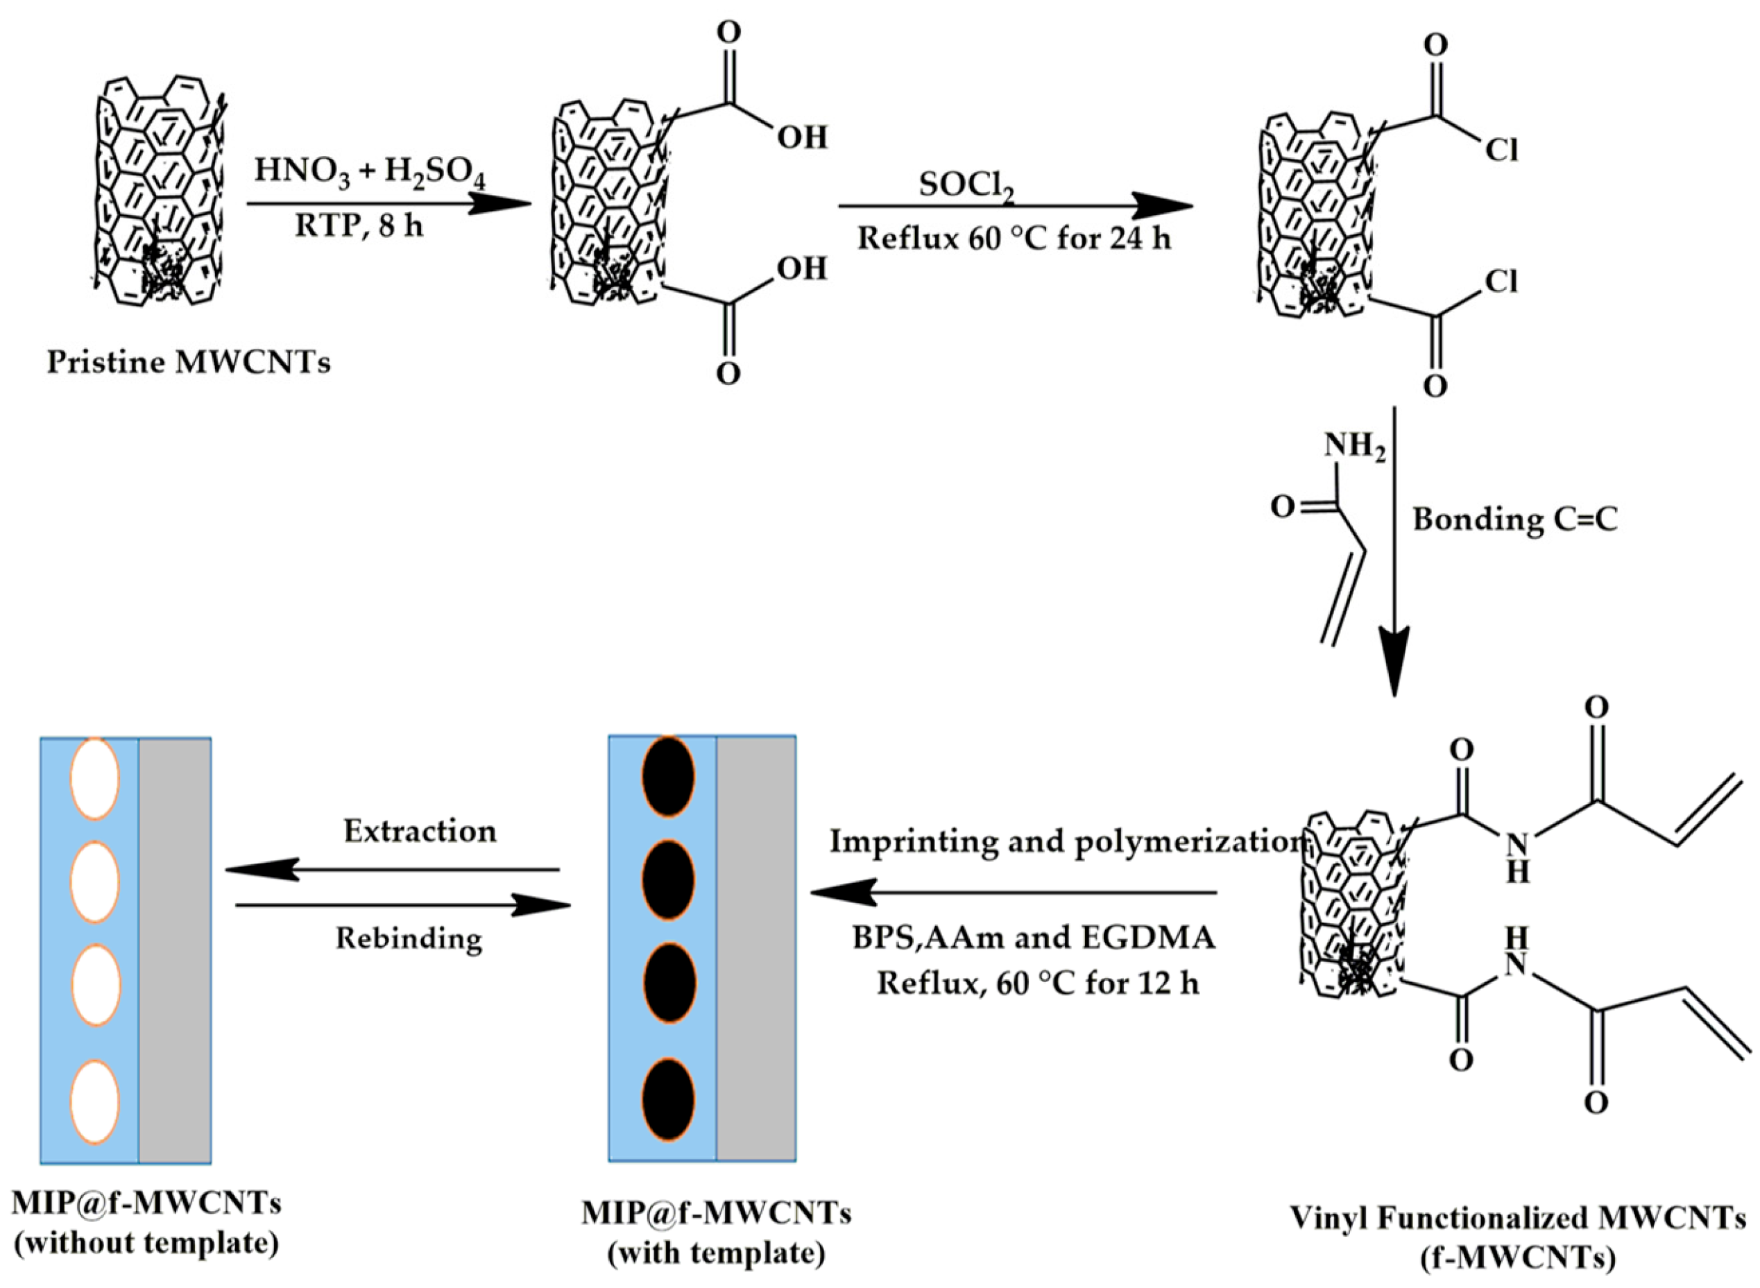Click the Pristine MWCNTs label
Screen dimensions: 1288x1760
(189, 363)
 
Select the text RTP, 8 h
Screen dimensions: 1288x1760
(359, 226)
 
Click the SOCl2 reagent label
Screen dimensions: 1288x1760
(966, 186)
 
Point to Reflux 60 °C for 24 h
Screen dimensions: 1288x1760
(1014, 238)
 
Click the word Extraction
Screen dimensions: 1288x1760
(420, 831)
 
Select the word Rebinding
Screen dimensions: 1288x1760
(409, 938)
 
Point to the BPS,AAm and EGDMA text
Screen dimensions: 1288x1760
(1033, 937)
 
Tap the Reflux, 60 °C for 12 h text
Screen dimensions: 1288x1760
(1038, 984)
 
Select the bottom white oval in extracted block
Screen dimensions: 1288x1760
(94, 1101)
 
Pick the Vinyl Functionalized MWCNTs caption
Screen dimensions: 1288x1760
(1517, 1218)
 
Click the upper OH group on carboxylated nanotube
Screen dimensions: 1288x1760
(802, 137)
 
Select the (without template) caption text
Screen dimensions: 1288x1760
(146, 1244)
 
